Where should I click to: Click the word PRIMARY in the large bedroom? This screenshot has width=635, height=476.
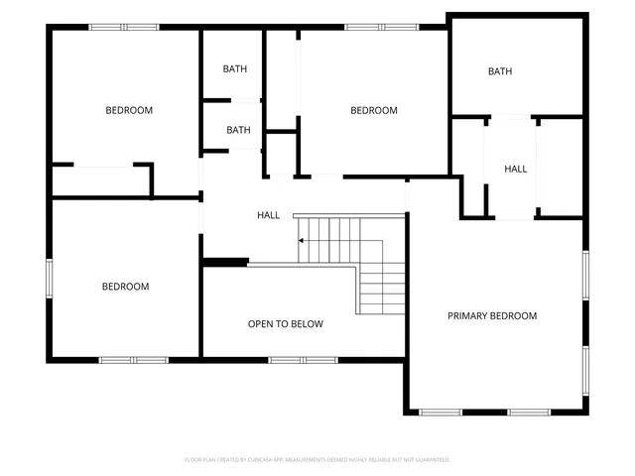469,316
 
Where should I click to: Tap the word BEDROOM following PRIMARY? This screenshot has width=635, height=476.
515,316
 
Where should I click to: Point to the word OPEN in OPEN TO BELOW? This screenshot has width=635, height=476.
262,324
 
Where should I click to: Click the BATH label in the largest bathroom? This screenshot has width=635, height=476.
499,71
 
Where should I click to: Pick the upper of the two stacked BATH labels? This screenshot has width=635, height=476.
235,69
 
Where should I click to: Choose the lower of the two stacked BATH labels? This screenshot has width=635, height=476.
238,130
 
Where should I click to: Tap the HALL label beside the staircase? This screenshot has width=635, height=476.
268,215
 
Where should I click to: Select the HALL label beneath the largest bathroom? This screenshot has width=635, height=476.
516,170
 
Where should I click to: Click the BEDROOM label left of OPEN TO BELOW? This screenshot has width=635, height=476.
125,287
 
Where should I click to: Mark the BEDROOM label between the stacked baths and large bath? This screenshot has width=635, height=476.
373,111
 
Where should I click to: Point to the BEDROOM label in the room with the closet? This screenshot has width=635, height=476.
129,110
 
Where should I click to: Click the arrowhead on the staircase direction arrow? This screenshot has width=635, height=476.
299,240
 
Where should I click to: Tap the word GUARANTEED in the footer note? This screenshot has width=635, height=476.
431,460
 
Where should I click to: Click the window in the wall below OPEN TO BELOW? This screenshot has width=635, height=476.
303,359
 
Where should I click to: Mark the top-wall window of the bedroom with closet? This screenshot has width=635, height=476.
124,27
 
